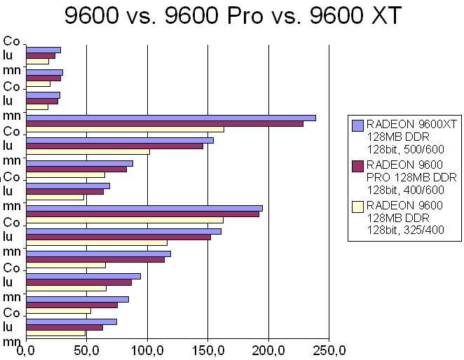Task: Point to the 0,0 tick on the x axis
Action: [x=25, y=348]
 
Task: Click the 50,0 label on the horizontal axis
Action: [x=86, y=348]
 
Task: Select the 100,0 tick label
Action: [x=147, y=348]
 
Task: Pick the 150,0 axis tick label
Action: [x=207, y=348]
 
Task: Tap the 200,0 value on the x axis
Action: [x=268, y=348]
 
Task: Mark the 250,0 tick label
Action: [x=329, y=348]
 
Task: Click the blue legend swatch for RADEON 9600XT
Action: [x=357, y=125]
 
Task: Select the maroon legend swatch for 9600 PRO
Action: [x=357, y=165]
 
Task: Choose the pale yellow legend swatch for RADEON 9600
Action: [x=357, y=206]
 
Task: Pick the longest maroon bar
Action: [x=164, y=123]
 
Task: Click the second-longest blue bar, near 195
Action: [x=144, y=208]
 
